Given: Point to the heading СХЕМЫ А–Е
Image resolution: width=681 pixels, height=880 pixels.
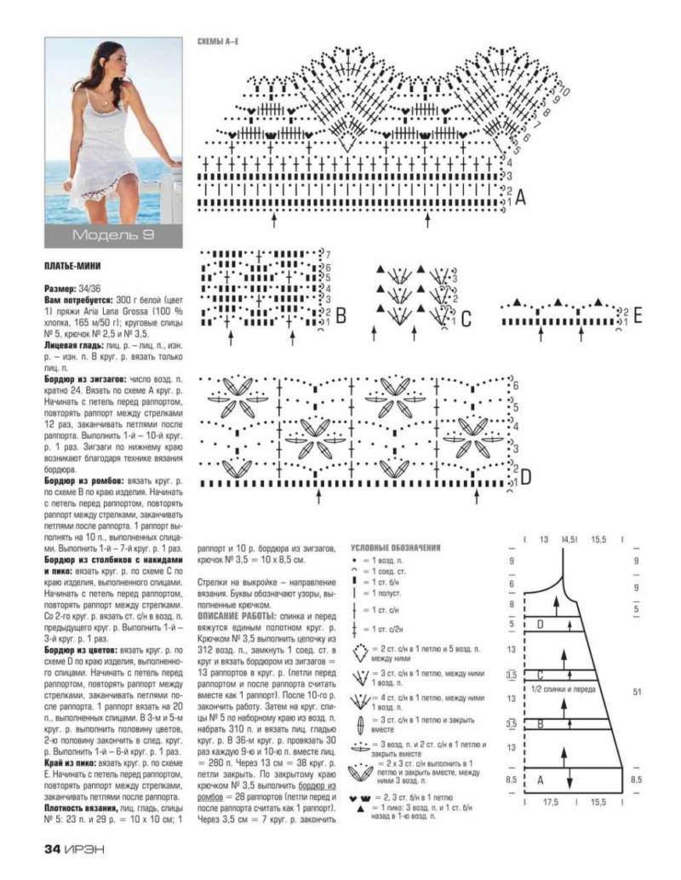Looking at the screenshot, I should [217, 42].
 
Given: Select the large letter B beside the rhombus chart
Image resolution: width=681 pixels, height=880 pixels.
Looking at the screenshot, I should [340, 317].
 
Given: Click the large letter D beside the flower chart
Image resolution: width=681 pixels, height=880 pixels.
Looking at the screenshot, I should [525, 477].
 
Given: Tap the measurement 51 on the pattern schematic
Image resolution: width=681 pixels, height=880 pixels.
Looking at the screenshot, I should [636, 691].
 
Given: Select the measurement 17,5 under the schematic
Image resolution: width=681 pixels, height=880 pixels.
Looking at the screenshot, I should [551, 802].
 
